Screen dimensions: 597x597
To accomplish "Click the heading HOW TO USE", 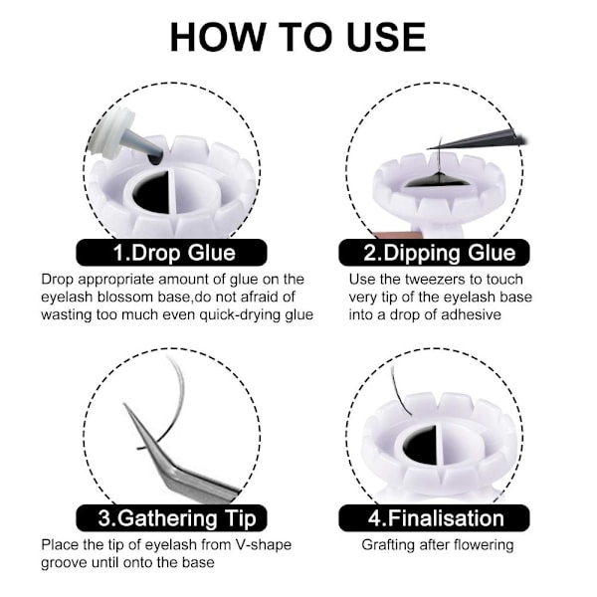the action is [x=298, y=37].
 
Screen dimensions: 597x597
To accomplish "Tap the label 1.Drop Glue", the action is [x=174, y=253].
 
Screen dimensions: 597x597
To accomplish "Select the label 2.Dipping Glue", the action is [x=440, y=253].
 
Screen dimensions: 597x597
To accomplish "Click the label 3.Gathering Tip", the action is [x=177, y=518].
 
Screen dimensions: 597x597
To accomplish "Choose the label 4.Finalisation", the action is [x=436, y=518].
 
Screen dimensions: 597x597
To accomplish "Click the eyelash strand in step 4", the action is [x=399, y=390].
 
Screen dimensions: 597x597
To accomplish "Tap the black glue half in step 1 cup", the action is [x=151, y=192].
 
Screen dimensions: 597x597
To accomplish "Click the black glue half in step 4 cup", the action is [x=420, y=446].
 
